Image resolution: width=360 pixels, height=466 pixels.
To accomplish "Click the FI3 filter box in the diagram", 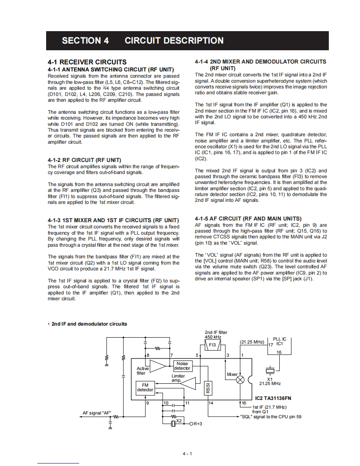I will (212, 345).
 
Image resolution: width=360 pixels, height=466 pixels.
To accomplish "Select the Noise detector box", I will (182, 366).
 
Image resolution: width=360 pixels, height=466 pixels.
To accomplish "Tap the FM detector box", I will (145, 388).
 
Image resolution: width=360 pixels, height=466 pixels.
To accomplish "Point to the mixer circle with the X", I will (240, 380).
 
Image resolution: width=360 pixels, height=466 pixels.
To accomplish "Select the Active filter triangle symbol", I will (158, 366).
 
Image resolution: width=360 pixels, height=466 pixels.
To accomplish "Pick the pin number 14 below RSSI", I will (211, 403).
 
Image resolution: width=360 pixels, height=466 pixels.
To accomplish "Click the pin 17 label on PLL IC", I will (271, 345).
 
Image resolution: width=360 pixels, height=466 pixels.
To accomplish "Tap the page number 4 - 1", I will (187, 454).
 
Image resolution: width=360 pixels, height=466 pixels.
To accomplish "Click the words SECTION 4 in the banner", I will (85, 41).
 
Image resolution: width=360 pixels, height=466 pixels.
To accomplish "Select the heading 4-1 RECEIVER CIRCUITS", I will (87, 62).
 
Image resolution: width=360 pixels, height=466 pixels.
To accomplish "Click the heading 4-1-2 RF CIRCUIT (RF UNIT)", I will (84, 160).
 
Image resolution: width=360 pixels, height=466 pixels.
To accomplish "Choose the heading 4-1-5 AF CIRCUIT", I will (248, 218).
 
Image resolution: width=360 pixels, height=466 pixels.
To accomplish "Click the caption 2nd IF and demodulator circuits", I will (89, 324).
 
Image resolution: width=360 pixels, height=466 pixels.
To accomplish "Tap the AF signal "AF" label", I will (96, 413).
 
